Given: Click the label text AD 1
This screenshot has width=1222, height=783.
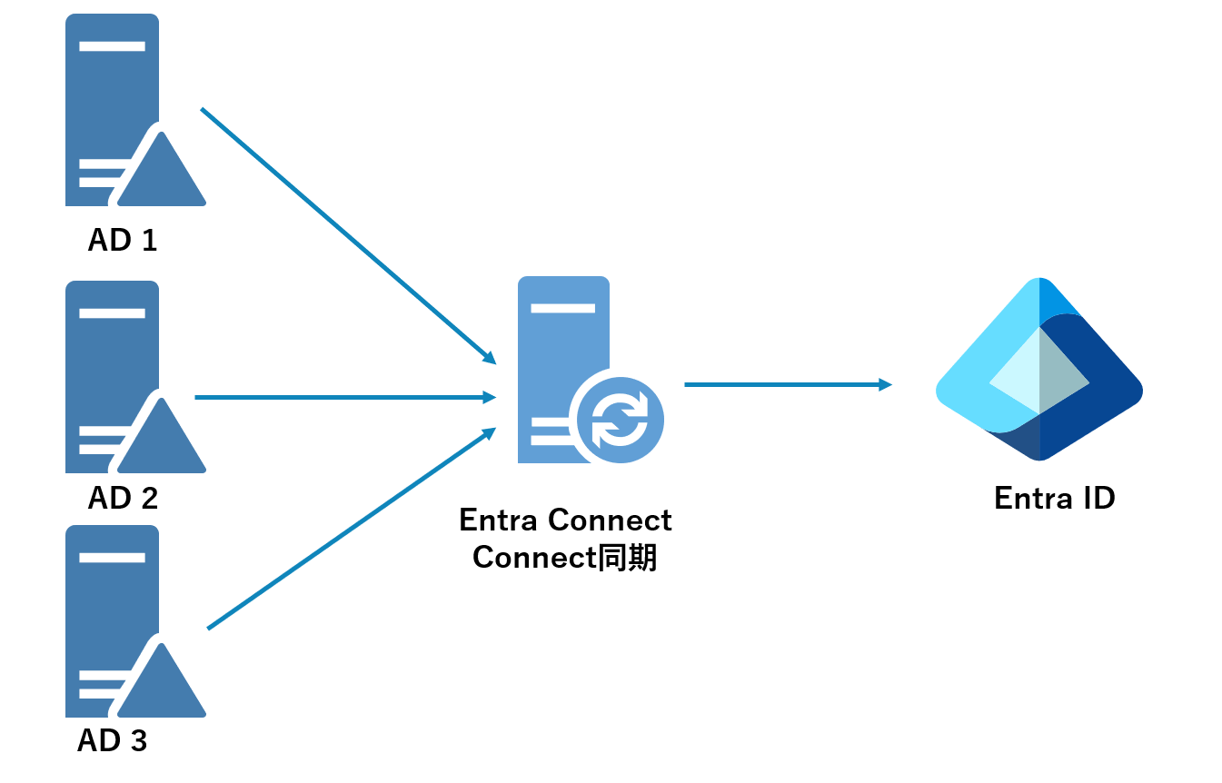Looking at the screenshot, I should point(123,240).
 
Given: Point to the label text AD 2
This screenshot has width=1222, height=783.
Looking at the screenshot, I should point(123,498).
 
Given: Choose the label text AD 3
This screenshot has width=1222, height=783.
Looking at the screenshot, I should point(113,741).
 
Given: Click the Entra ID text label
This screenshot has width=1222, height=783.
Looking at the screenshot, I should point(1054,499).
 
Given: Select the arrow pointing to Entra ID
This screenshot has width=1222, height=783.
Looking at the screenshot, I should point(787,384).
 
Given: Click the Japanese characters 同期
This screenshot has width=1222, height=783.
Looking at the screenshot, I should point(627,557).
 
